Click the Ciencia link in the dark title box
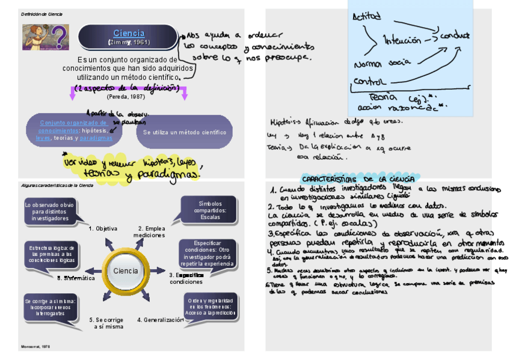click(x=129, y=34)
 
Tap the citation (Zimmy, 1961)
click(x=129, y=43)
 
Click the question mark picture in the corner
click(x=46, y=37)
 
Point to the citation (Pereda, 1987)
click(x=126, y=96)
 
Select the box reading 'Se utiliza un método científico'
click(x=185, y=132)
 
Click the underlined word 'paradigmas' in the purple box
click(x=96, y=138)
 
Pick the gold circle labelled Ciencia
click(x=125, y=271)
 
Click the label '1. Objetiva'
click(x=103, y=228)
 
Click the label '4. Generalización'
click(x=160, y=320)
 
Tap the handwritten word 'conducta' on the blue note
click(x=455, y=35)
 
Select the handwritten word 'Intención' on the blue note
click(x=402, y=40)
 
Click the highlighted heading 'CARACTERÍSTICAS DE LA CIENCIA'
click(x=357, y=179)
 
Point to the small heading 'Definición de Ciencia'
click(x=41, y=14)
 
